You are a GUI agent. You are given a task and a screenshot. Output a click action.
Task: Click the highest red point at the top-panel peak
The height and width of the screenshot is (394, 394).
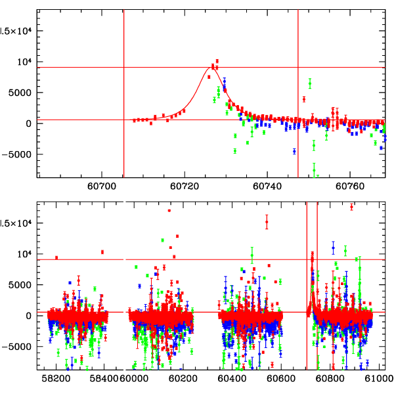click(217, 61)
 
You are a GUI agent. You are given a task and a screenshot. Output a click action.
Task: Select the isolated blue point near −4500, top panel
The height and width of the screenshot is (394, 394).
click(294, 151)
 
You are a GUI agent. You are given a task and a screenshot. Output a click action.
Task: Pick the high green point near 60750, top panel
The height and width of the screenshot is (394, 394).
click(310, 83)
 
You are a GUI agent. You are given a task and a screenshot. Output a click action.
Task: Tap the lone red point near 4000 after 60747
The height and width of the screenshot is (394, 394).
click(304, 99)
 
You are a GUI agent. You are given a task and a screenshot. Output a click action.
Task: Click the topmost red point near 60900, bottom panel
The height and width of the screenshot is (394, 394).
click(352, 207)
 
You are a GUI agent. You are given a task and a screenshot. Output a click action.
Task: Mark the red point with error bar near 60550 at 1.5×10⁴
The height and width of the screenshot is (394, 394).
click(267, 222)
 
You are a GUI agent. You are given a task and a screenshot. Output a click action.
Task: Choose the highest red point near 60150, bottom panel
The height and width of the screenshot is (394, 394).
click(169, 211)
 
